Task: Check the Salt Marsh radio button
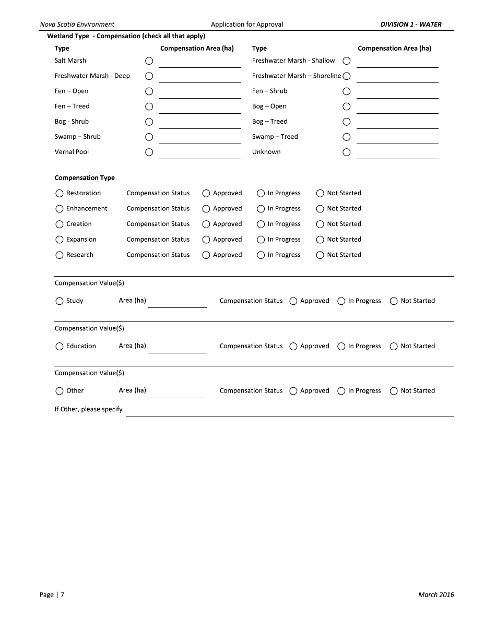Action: tap(149, 61)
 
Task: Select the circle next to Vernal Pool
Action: tap(149, 152)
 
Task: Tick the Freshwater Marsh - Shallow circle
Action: tap(346, 61)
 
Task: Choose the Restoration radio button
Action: tap(60, 194)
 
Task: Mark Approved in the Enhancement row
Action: tap(206, 209)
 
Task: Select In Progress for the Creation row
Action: tap(261, 224)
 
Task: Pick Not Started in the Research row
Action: tap(320, 255)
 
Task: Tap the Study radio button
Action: tap(60, 301)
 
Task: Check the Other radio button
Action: tap(60, 391)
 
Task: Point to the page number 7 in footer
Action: tap(62, 595)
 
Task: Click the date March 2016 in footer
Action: tap(436, 595)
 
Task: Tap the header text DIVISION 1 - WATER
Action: tap(410, 25)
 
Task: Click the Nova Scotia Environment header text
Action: tap(77, 25)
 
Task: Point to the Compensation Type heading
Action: tap(85, 178)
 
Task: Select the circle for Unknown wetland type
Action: tap(346, 152)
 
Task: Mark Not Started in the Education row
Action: tap(394, 347)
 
